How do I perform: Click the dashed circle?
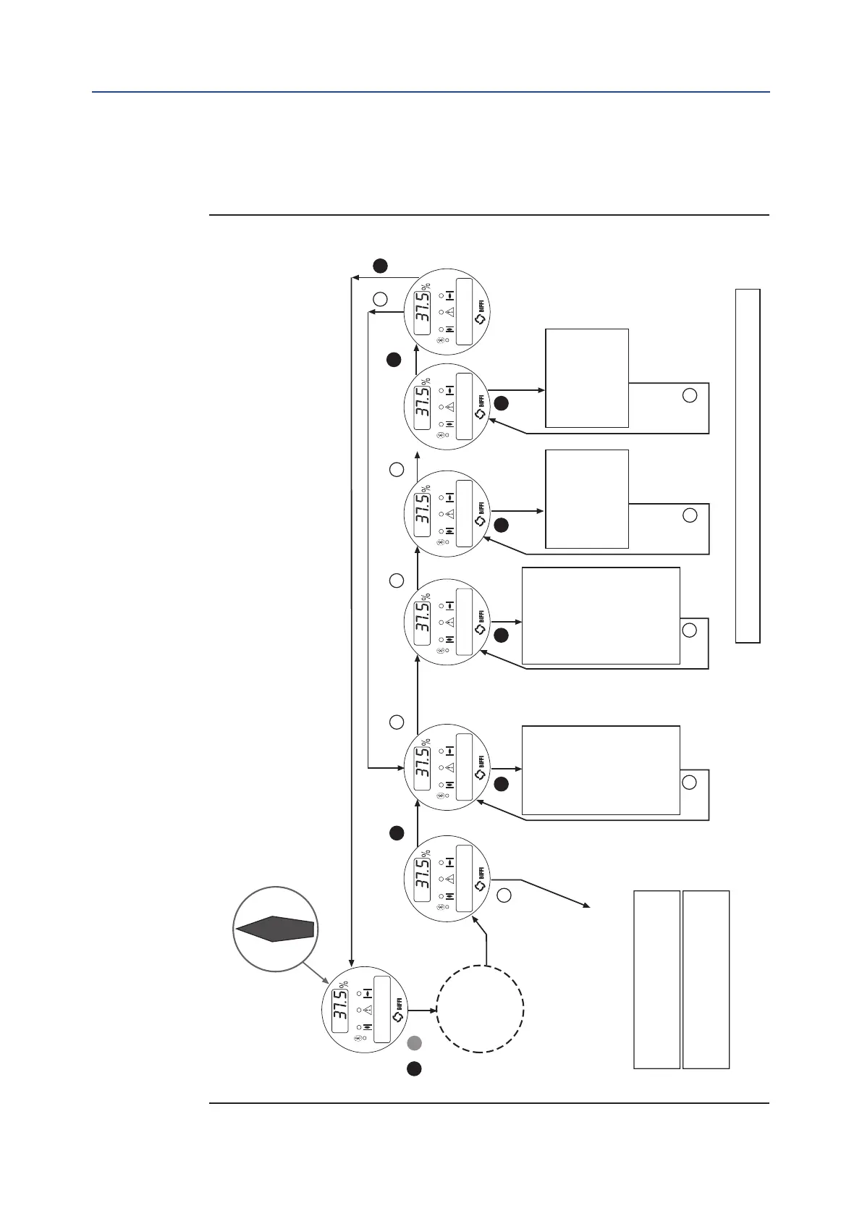480,1008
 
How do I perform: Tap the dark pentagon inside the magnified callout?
274,928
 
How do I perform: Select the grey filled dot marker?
414,1043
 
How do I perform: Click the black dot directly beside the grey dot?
414,1068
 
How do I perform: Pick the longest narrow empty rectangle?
748,465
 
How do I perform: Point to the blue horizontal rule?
431,92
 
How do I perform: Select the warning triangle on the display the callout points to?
368,1009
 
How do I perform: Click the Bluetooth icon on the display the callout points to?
357,1038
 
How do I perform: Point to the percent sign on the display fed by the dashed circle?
427,853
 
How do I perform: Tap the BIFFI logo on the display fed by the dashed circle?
481,882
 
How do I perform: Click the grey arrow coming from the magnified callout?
313,963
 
